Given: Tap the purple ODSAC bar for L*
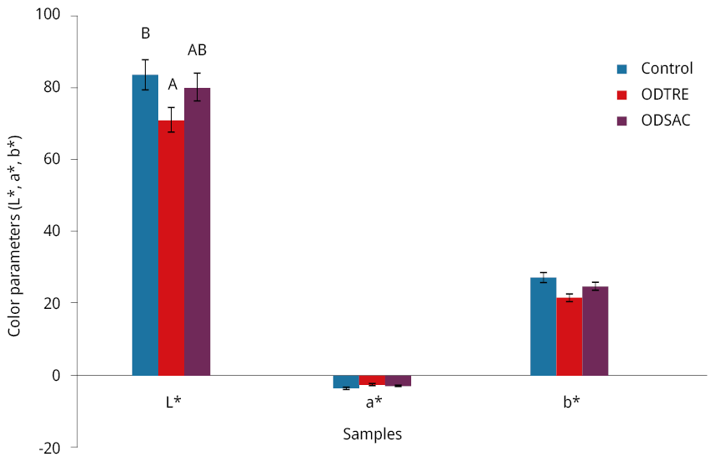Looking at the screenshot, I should pyautogui.click(x=197, y=231).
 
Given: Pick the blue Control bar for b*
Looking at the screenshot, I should pyautogui.click(x=543, y=326).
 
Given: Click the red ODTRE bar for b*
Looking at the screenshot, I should pyautogui.click(x=569, y=336).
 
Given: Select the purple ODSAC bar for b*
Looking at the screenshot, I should pyautogui.click(x=595, y=331).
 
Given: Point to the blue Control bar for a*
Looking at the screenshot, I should pyautogui.click(x=346, y=382).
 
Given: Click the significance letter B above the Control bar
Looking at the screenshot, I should pyautogui.click(x=145, y=33).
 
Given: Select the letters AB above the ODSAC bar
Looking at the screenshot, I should pyautogui.click(x=197, y=50).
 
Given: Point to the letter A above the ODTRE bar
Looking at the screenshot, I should pyautogui.click(x=172, y=85).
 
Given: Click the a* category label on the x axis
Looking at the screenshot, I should pyautogui.click(x=373, y=402).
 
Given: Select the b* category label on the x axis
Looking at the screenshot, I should pyautogui.click(x=570, y=402).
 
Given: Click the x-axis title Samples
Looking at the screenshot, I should pyautogui.click(x=372, y=434).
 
